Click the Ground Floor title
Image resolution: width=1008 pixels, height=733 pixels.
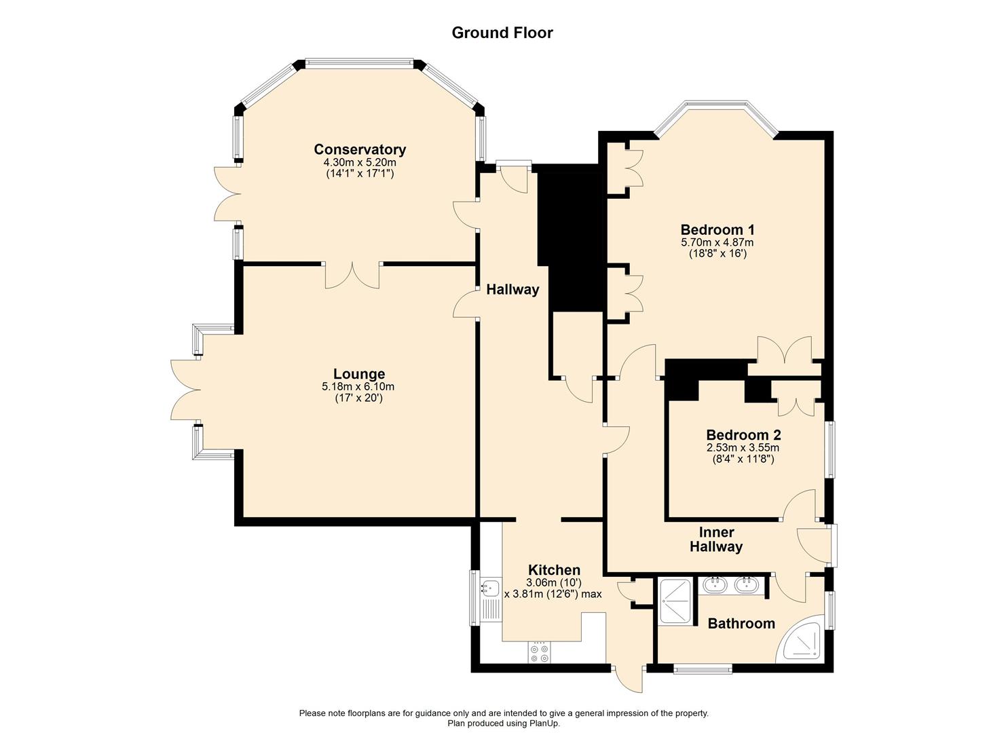(x=502, y=33)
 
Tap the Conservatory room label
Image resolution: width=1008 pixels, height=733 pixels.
(x=360, y=149)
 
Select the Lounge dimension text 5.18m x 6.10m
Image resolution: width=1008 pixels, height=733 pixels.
(x=358, y=386)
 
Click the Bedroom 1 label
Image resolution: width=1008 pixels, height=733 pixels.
(x=717, y=229)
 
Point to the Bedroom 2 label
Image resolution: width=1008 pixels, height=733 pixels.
(x=743, y=434)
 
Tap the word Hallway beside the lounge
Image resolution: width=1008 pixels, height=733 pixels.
(x=512, y=289)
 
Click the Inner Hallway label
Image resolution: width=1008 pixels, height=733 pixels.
(x=716, y=540)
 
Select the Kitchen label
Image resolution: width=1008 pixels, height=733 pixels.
(x=554, y=569)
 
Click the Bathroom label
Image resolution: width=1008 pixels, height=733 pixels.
(x=742, y=623)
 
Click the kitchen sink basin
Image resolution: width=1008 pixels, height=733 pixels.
(x=490, y=588)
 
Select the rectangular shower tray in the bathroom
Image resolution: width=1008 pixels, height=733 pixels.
(x=675, y=601)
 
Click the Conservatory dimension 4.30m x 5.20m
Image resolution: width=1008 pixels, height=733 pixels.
(x=360, y=162)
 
